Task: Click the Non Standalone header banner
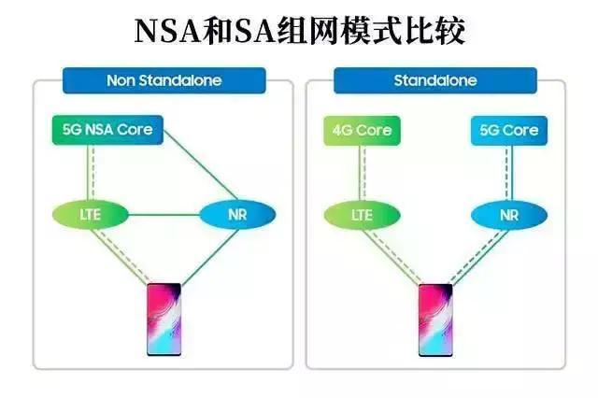coord(164,80)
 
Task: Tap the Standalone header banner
coord(435,80)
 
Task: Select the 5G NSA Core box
coord(107,130)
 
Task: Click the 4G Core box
coord(362,131)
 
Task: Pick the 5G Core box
coord(509,131)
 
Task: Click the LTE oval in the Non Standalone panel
coord(91,215)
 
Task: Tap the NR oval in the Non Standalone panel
coord(237,215)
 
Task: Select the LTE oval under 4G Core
coord(362,216)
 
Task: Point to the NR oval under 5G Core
coord(509,216)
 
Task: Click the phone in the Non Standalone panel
coord(164,320)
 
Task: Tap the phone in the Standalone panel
coord(435,320)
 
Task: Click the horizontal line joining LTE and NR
coord(164,215)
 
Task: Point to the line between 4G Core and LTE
coord(362,174)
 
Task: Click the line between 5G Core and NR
coord(508,174)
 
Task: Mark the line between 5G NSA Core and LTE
coord(91,173)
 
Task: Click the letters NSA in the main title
coord(168,32)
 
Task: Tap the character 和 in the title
coord(218,31)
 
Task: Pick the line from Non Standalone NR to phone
coord(209,257)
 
